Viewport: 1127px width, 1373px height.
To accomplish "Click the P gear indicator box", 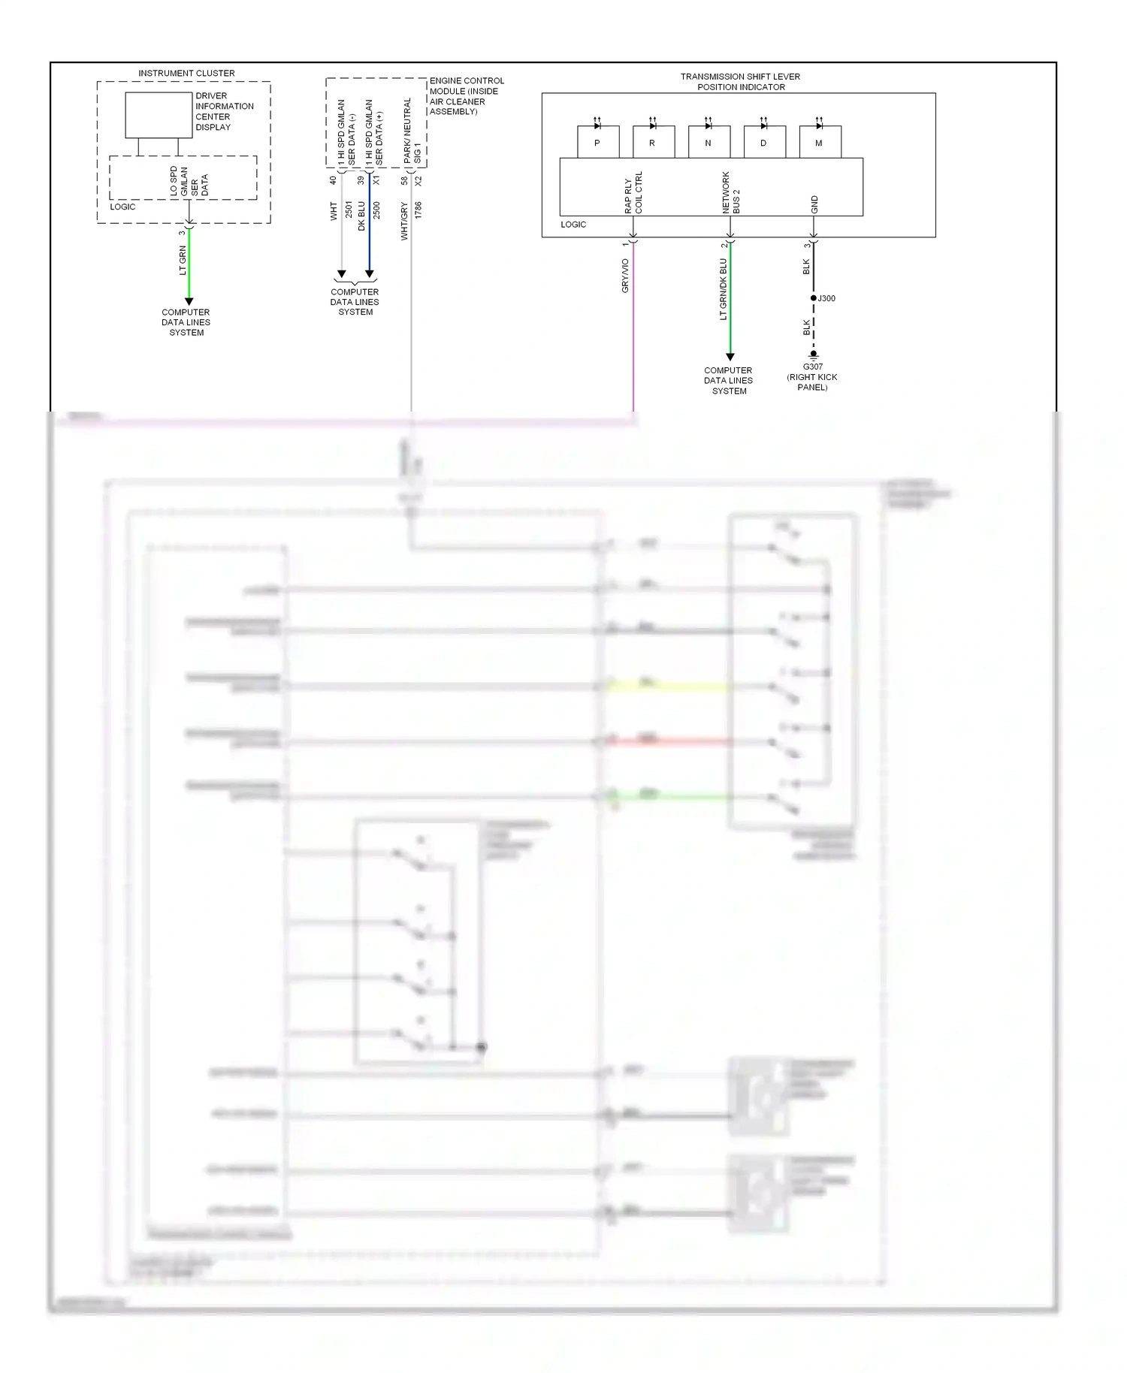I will (x=598, y=142).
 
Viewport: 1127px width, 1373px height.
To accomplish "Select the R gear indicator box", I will (x=653, y=142).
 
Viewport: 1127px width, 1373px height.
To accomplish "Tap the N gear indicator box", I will (x=709, y=142).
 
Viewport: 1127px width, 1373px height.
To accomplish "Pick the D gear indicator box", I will (x=764, y=142).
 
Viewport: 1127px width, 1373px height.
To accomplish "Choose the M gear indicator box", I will (x=820, y=142).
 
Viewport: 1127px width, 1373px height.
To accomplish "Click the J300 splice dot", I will (x=813, y=298).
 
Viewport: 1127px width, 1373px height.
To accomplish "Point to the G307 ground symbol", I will (x=813, y=355).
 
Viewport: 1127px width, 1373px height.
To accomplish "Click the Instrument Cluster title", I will (x=186, y=73).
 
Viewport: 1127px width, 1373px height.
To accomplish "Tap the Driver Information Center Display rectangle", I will (x=159, y=115).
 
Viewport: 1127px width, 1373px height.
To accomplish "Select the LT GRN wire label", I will (x=183, y=260).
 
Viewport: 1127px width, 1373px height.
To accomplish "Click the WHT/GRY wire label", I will (x=404, y=221).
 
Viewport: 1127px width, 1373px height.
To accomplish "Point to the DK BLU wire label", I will (x=361, y=216).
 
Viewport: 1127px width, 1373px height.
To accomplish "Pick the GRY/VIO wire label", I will (x=625, y=276).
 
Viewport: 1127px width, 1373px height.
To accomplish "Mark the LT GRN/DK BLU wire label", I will (x=724, y=289).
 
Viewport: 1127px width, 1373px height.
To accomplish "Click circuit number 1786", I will (x=418, y=210).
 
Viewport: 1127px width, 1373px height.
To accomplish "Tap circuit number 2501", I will (x=349, y=210).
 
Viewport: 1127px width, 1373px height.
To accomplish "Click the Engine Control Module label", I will (x=466, y=96).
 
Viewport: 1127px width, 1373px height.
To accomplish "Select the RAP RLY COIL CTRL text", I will (x=633, y=192).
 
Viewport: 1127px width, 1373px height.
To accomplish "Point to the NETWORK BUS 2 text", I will (x=731, y=192).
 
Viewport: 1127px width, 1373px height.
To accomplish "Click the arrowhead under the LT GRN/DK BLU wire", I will (x=730, y=357).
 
